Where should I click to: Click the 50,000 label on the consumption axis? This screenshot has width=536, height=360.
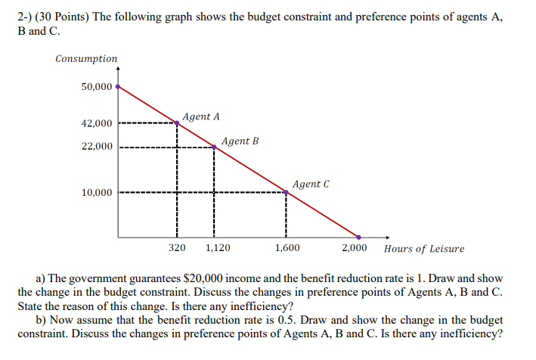[x=97, y=86]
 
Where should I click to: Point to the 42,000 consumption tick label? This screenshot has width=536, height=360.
[x=97, y=123]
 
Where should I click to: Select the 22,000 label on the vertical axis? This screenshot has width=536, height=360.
[x=97, y=147]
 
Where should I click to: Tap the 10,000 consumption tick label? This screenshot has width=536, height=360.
[x=97, y=193]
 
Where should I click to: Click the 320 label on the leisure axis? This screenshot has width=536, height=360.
[x=177, y=248]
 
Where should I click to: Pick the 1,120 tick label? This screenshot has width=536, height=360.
[x=218, y=248]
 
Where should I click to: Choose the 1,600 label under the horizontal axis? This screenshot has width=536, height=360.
[x=287, y=248]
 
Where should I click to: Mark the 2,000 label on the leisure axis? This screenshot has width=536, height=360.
[x=354, y=248]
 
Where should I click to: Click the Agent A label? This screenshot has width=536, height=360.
[x=201, y=117]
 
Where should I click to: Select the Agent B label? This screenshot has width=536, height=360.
[x=240, y=141]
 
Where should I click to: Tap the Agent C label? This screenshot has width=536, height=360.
[x=311, y=184]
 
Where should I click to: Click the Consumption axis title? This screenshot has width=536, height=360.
[x=86, y=58]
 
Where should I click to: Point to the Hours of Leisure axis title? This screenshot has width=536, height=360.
[x=424, y=249]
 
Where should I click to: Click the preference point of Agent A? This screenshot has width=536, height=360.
[x=178, y=123]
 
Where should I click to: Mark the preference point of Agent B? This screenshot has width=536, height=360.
[x=214, y=147]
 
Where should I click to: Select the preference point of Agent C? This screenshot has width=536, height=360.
[x=286, y=192]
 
